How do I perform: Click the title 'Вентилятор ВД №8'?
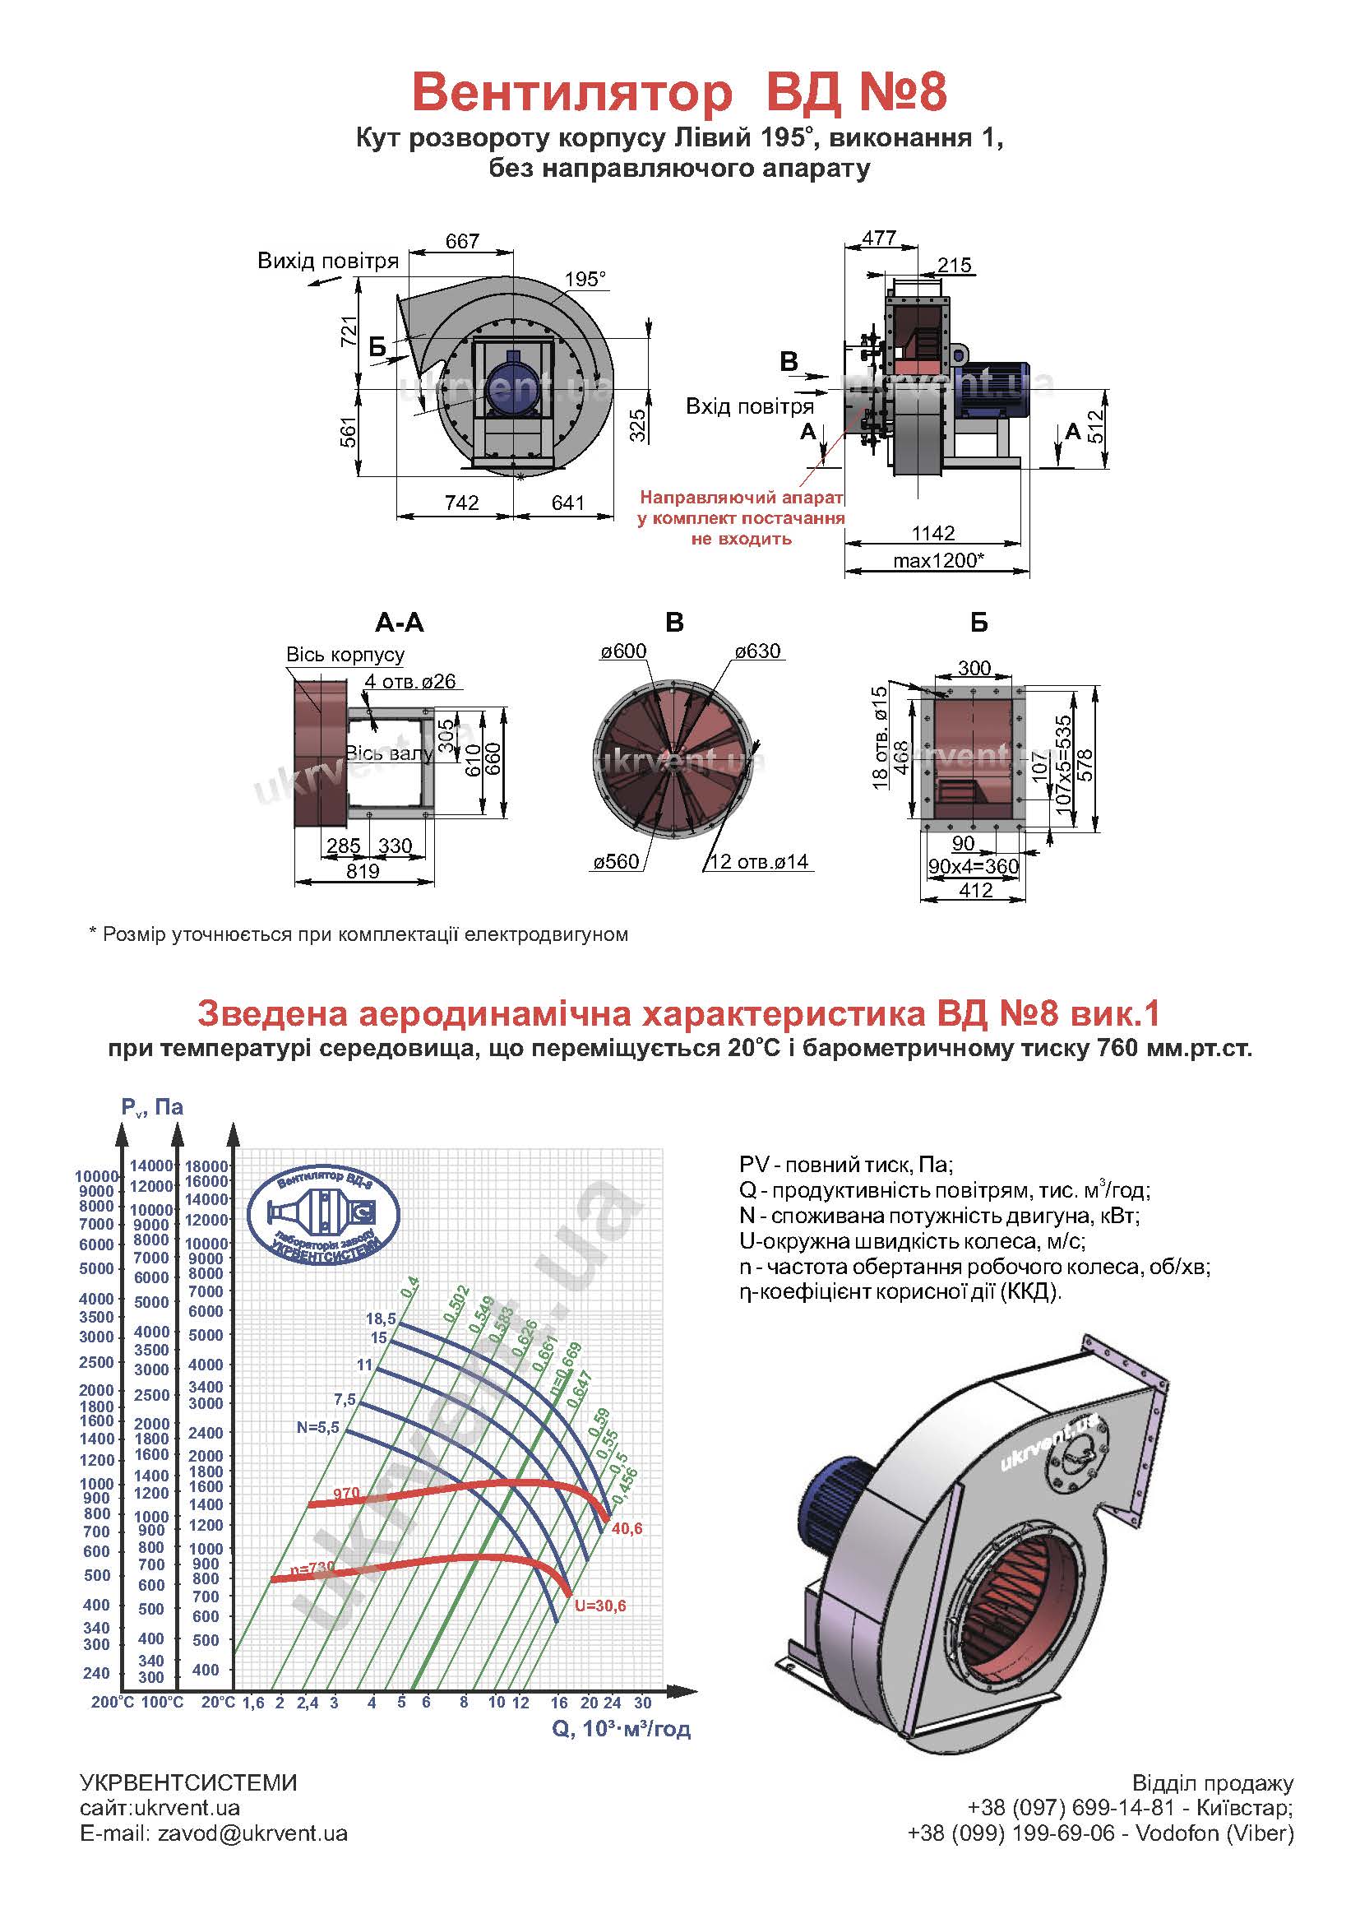point(679,92)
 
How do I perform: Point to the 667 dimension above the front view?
point(462,241)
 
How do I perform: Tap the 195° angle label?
point(585,279)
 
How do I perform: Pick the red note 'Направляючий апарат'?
point(742,498)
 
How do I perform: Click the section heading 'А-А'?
point(400,623)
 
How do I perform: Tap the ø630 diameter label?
point(757,651)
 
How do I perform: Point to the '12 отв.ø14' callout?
point(759,861)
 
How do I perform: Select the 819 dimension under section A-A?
point(363,871)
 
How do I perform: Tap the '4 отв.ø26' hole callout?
point(410,682)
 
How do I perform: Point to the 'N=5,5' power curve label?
point(318,1426)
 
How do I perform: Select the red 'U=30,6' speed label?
point(599,1606)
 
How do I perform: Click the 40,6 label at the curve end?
point(627,1529)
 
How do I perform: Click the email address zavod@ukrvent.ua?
point(252,1833)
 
